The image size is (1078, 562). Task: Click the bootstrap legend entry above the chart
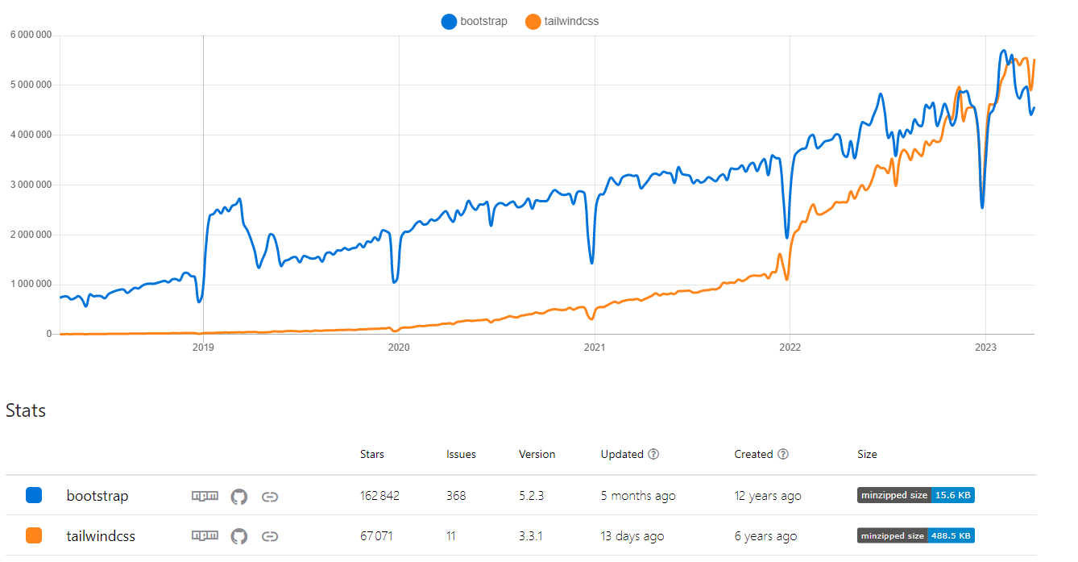click(475, 22)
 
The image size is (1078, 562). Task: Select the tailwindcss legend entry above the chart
click(562, 22)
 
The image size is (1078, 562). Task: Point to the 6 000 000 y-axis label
click(31, 35)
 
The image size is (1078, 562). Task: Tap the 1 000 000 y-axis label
click(31, 284)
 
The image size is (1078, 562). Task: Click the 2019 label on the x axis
click(203, 347)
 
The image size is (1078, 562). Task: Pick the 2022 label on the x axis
click(790, 347)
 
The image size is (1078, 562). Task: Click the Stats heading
click(26, 410)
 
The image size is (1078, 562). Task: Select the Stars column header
click(371, 454)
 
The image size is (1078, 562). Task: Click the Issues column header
click(461, 454)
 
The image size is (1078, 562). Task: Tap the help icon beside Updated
click(653, 454)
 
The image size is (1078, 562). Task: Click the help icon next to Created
click(782, 454)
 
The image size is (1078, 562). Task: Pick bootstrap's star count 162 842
click(379, 495)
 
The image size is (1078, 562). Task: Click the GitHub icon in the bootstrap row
click(238, 496)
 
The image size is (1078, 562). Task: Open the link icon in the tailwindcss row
click(270, 536)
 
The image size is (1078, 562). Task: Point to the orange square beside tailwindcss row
click(34, 535)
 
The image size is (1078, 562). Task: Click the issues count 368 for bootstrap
click(456, 495)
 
